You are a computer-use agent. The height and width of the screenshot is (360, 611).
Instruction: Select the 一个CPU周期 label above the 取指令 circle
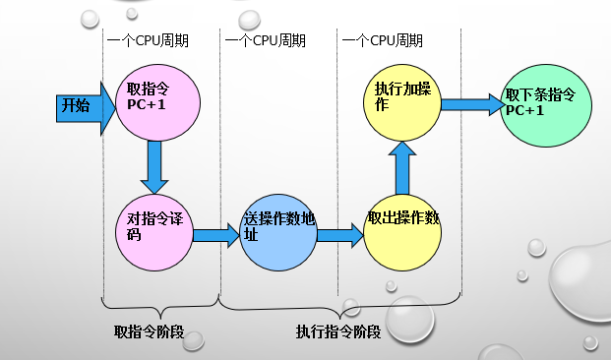(147, 40)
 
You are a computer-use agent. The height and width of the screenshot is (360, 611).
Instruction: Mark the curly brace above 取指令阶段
(160, 306)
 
